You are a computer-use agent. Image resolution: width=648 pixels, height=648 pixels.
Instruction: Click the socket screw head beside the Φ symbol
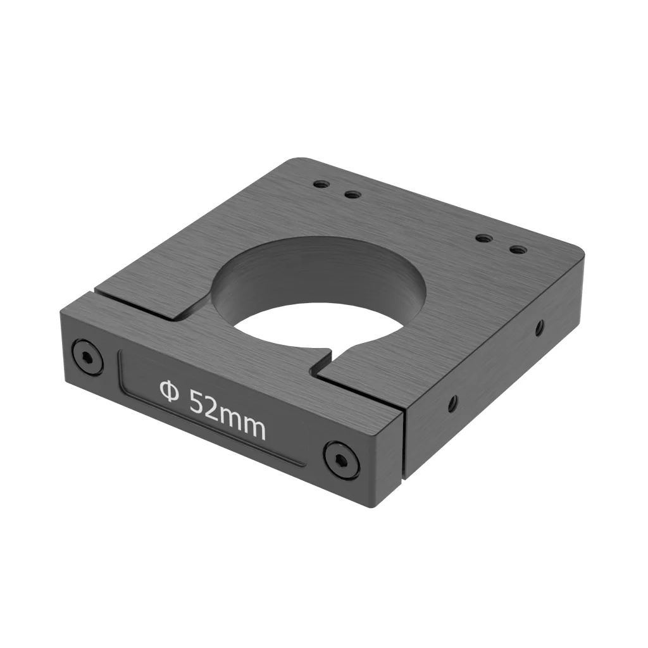click(87, 358)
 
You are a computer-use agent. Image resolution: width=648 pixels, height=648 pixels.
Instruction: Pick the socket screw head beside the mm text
click(341, 459)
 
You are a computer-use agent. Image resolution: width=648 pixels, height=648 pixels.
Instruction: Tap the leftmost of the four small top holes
click(321, 184)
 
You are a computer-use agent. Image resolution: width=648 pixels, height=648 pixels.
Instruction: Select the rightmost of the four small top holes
click(518, 249)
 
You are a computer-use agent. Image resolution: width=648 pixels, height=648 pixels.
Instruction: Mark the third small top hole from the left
click(484, 239)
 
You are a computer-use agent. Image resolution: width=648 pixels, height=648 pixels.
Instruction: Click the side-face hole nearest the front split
click(452, 403)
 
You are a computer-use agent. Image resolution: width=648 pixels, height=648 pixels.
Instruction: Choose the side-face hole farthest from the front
click(539, 327)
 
